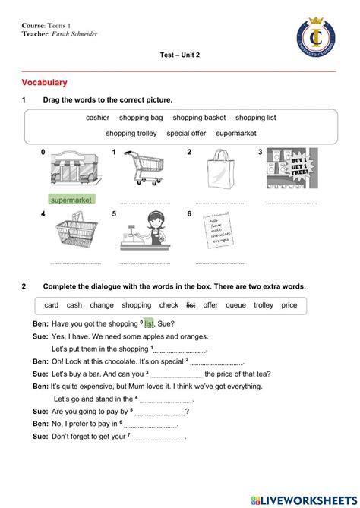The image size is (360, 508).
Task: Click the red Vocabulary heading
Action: [45, 82]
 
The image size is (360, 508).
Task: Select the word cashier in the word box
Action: [97, 118]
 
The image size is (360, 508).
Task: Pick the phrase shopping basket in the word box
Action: [199, 118]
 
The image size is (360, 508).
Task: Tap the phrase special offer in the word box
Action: [186, 133]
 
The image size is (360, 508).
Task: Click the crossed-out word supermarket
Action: [236, 133]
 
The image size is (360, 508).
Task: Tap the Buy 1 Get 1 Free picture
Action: [292, 168]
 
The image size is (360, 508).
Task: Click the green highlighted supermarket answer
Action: [71, 200]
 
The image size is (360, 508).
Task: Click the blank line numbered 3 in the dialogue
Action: [176, 375]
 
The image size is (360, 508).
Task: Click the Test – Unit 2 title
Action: [180, 56]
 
